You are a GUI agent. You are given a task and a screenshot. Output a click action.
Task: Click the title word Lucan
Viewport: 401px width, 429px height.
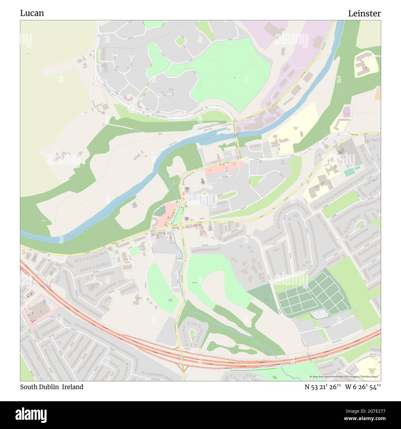click(x=32, y=13)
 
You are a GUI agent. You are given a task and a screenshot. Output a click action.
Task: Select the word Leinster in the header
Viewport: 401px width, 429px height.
click(x=364, y=13)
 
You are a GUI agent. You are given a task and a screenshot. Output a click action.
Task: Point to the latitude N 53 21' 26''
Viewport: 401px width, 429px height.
click(x=323, y=387)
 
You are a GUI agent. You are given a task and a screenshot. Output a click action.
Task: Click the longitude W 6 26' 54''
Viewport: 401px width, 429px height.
click(x=363, y=387)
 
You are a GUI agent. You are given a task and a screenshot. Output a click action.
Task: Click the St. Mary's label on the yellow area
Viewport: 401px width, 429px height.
click(x=295, y=128)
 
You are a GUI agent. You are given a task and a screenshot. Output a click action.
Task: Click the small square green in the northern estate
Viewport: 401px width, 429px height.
click(x=180, y=41)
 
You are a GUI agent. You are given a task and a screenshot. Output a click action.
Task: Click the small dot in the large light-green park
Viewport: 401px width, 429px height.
click(x=234, y=77)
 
